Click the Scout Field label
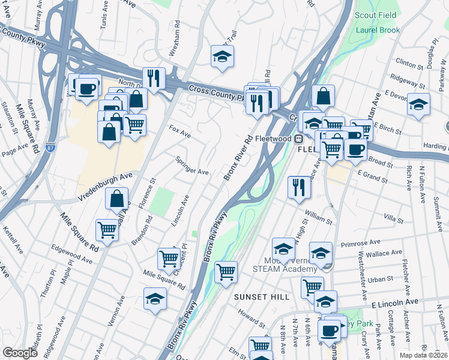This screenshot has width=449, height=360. [375, 16]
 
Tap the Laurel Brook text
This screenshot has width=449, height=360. [374, 29]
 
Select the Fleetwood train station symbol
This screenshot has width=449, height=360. [298, 139]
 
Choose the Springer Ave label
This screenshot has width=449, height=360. [191, 166]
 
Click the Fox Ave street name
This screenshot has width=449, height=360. [179, 132]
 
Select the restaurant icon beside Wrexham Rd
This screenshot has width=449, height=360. [154, 78]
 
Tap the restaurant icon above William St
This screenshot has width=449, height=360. [298, 187]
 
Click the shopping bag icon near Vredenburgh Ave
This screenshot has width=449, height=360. [117, 199]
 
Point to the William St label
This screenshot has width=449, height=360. [318, 216]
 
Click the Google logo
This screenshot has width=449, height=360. [20, 353]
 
